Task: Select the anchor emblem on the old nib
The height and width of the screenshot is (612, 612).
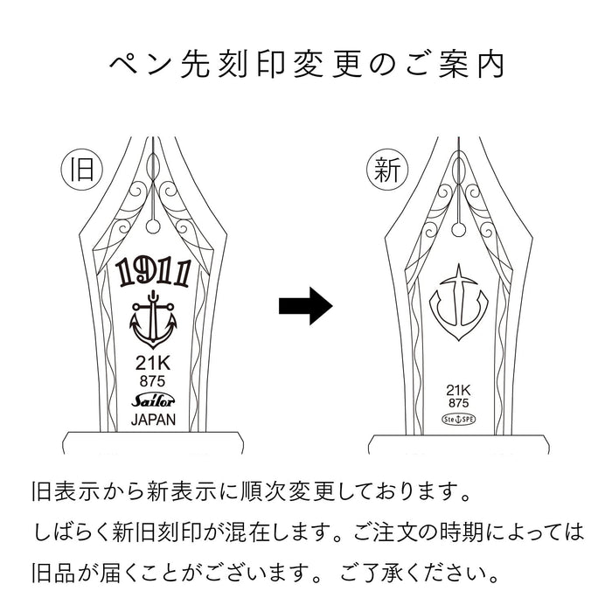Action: [152, 323]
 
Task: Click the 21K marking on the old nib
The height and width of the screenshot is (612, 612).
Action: [152, 365]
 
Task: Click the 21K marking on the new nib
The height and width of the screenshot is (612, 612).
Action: [457, 391]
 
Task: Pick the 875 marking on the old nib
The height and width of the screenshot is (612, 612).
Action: [152, 381]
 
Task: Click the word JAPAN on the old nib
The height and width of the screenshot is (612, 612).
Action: [152, 419]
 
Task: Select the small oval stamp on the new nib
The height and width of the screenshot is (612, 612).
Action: [457, 421]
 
